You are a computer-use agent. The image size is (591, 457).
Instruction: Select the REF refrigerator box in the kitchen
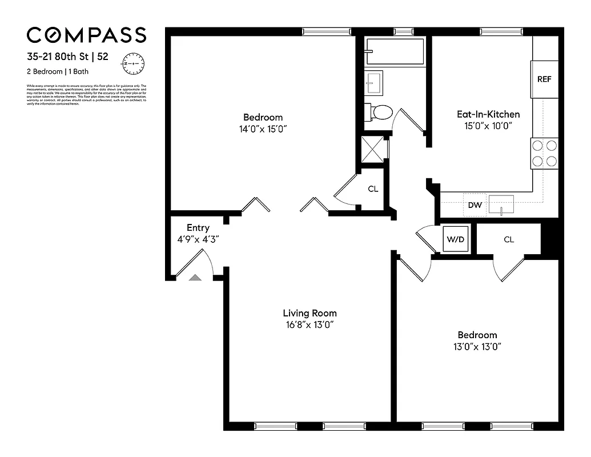tap(544, 79)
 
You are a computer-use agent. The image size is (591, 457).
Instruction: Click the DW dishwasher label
tap(474, 205)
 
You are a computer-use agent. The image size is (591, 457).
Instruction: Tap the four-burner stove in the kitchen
tap(544, 153)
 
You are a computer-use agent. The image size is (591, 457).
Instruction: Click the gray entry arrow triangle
tap(195, 278)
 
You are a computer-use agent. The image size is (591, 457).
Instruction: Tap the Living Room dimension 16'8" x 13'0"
tap(309, 324)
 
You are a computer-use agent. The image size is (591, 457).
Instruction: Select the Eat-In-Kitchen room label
tap(488, 114)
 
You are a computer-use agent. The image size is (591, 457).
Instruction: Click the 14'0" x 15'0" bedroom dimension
tap(263, 129)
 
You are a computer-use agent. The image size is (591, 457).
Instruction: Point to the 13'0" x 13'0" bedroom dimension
tap(477, 346)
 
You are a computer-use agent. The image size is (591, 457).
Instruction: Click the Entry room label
tap(198, 228)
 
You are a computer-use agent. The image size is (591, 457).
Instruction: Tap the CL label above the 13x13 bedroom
tap(509, 239)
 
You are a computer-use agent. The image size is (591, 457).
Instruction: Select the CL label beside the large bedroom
tap(373, 189)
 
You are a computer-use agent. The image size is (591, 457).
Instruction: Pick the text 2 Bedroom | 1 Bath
tap(58, 71)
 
